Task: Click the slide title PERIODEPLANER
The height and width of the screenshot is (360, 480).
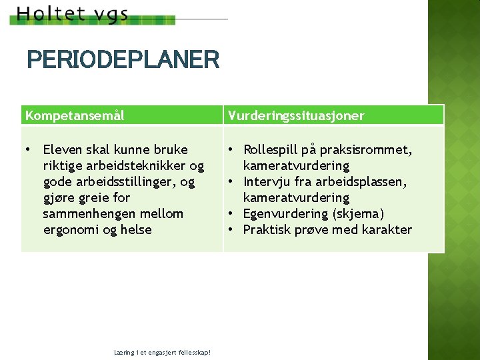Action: pos(123,60)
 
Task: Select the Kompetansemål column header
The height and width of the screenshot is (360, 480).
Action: pos(75,115)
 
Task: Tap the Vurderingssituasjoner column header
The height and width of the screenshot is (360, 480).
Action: pos(296,115)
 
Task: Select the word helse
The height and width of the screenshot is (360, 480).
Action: pos(136,229)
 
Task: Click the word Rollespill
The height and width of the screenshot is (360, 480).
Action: pos(271,149)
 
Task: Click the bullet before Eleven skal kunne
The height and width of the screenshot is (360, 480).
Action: pos(28,149)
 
